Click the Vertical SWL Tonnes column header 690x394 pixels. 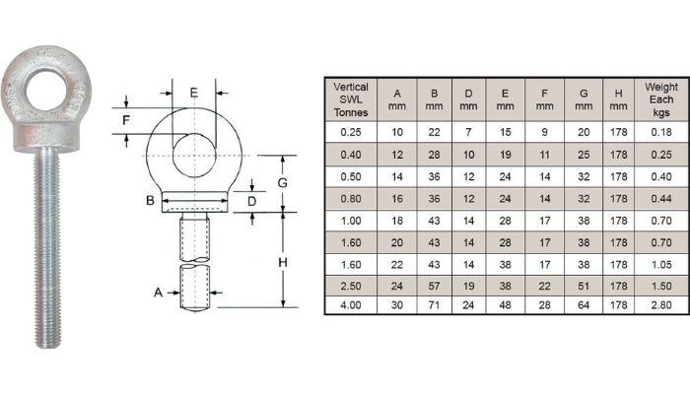click(351, 99)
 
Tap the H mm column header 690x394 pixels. click(618, 99)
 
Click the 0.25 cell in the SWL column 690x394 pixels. click(351, 131)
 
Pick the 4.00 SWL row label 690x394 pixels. click(351, 305)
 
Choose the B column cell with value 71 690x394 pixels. click(433, 305)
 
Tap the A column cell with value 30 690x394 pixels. click(396, 305)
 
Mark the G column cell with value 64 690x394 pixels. click(583, 305)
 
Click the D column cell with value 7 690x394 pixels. click(468, 131)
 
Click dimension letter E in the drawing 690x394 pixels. click(194, 93)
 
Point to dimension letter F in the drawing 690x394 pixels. click(125, 121)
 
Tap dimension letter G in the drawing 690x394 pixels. click(281, 183)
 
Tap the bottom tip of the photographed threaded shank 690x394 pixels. click(46, 345)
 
